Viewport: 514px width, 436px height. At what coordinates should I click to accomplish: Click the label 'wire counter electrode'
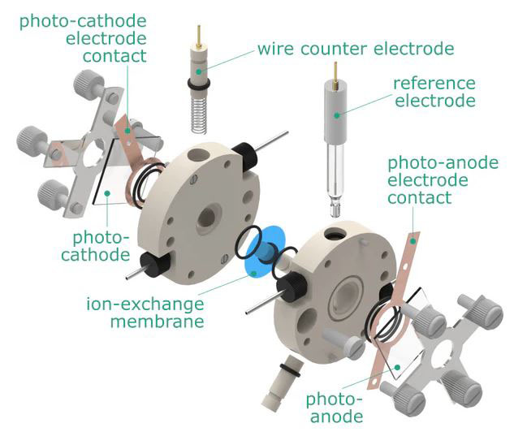tap(356, 48)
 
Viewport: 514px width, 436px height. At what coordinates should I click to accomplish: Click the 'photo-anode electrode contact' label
tap(443, 181)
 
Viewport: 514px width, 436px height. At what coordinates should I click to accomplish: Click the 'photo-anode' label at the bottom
tap(332, 407)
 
